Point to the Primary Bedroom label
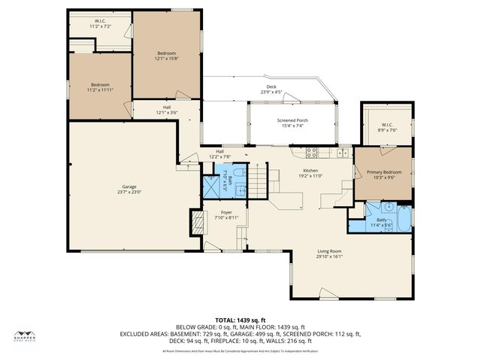[383, 174]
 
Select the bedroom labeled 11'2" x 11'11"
[100, 86]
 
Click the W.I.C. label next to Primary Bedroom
[387, 127]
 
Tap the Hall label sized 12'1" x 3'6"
[166, 111]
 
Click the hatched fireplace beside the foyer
[197, 220]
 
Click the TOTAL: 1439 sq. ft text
[240, 320]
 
